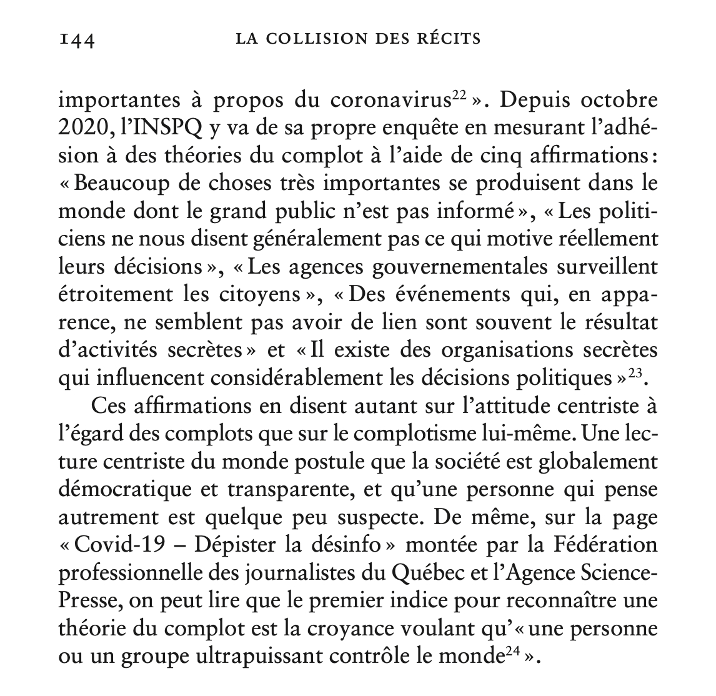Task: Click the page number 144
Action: (x=76, y=41)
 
